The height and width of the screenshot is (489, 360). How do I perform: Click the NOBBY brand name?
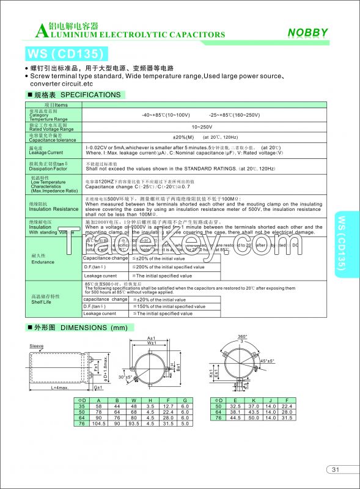click(x=308, y=33)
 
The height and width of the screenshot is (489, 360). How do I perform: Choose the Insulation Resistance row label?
click(x=54, y=209)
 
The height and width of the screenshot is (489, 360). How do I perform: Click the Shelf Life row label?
click(x=40, y=302)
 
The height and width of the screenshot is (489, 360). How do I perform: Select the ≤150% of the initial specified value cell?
click(x=163, y=307)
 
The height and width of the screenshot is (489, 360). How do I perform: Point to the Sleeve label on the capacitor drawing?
click(x=37, y=346)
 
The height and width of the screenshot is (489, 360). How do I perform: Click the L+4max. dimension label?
click(x=59, y=388)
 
